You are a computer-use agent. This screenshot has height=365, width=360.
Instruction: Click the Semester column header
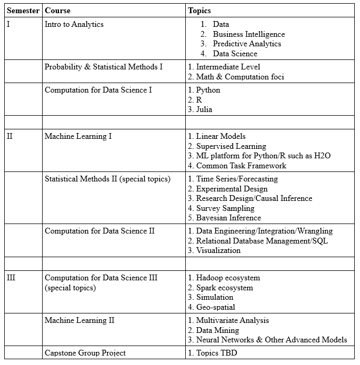[23, 11]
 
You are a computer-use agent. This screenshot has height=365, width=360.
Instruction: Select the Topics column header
[199, 11]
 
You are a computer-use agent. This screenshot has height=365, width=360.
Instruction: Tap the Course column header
[57, 11]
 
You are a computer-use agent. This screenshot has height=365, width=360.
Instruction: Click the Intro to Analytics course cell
[74, 24]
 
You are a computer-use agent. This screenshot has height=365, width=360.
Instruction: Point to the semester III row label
[11, 278]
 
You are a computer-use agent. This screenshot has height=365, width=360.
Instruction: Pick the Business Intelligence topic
[249, 34]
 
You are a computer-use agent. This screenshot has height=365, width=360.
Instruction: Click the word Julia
[204, 109]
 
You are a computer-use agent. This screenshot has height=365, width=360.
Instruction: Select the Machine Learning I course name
[78, 136]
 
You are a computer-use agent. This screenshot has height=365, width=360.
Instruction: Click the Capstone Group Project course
[85, 353]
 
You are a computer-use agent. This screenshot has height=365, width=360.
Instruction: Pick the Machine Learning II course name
[79, 320]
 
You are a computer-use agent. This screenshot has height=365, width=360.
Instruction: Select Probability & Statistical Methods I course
[104, 67]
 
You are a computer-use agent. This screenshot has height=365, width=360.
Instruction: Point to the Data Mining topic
[217, 330]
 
